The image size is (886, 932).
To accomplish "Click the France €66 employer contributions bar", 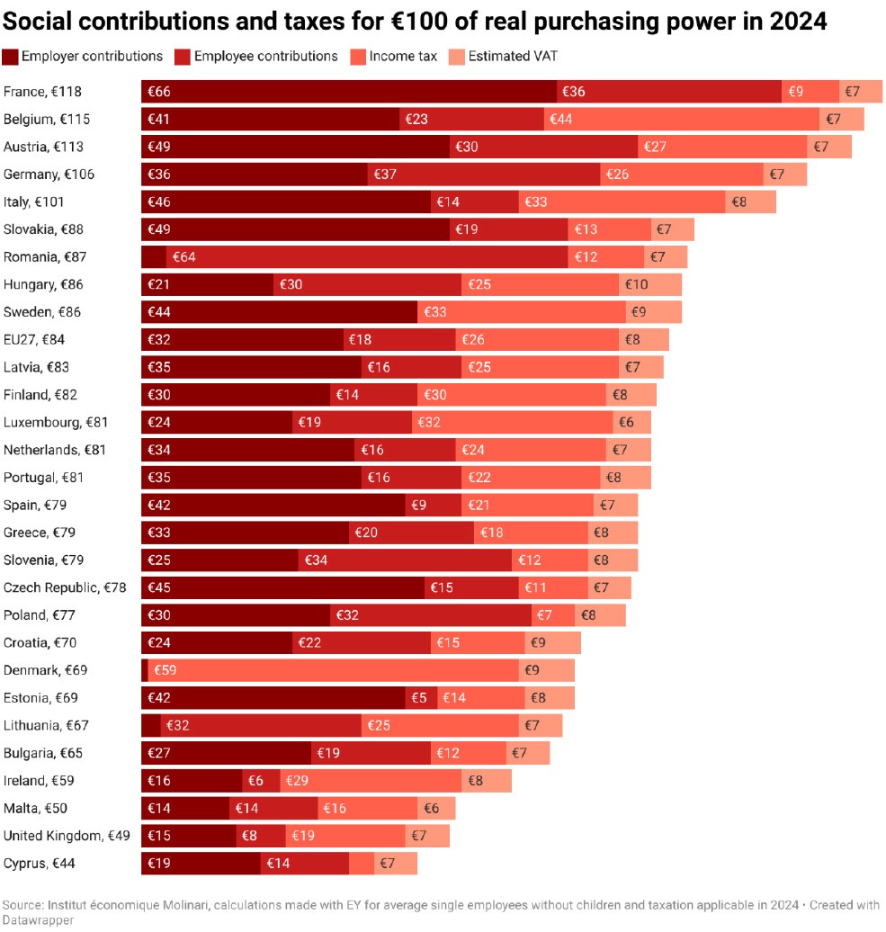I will click(x=349, y=92).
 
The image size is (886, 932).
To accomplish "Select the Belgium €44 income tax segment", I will click(x=681, y=119).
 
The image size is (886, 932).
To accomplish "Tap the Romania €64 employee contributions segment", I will click(x=367, y=256).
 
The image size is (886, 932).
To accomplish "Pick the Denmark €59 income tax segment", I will click(x=333, y=670).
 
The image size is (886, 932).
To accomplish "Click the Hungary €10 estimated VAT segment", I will click(x=650, y=284).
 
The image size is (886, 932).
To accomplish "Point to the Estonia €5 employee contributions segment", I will click(x=421, y=697).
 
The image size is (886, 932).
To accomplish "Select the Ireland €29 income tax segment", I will click(x=371, y=780).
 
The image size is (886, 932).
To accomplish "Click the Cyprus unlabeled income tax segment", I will click(x=362, y=864).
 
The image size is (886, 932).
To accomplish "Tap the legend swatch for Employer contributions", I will click(x=11, y=57).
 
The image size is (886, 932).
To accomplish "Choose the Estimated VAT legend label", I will click(x=513, y=57).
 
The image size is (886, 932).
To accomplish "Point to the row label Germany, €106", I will click(x=49, y=175).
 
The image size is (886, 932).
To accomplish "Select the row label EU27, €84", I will click(x=34, y=339).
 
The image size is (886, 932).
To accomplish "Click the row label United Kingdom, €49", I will click(x=67, y=836).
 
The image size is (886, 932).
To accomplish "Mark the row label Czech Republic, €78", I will click(x=65, y=587).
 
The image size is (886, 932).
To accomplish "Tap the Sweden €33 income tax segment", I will click(x=522, y=312).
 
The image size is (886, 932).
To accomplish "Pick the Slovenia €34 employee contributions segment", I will click(x=405, y=560).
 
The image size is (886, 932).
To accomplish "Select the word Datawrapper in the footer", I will click(x=37, y=920).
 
